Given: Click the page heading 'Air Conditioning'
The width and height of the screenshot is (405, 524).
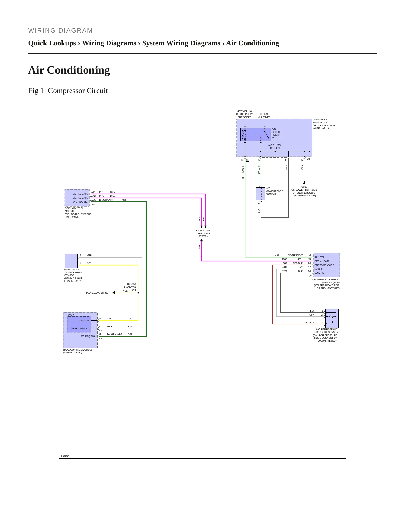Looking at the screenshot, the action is [x=69, y=70].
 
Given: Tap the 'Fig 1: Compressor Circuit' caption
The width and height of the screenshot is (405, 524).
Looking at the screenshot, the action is [x=68, y=91].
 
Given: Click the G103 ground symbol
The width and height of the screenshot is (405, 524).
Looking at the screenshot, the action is [x=304, y=182].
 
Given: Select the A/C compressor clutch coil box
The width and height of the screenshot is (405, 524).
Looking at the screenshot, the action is [x=261, y=194].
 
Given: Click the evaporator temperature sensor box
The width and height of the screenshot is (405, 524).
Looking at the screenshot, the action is [x=71, y=261].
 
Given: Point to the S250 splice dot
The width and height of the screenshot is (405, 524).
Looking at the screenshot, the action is [x=138, y=293].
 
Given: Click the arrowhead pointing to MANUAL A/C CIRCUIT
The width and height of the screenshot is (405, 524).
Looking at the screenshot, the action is [x=114, y=293].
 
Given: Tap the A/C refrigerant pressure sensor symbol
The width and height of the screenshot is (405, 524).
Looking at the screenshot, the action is [x=332, y=318].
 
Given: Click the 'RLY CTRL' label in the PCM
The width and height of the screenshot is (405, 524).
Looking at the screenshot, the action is [x=320, y=257].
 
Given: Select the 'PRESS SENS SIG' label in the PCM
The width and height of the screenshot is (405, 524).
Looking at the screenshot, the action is [x=324, y=265].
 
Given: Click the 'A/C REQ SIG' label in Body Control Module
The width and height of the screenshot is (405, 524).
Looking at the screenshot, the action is [x=80, y=202].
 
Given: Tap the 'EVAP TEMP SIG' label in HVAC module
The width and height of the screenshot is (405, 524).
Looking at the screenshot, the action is [x=80, y=328].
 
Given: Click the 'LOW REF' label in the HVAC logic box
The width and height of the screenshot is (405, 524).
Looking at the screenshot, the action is [x=84, y=321].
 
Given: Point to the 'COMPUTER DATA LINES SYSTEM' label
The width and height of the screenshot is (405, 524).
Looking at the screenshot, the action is [x=203, y=233].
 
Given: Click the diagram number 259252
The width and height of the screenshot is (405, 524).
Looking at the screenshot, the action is [x=65, y=456].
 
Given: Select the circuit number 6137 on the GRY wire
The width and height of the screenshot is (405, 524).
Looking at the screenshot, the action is [x=131, y=326].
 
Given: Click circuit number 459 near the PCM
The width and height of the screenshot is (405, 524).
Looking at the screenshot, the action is [x=277, y=255].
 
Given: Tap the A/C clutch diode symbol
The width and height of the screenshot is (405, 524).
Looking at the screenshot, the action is [x=276, y=152].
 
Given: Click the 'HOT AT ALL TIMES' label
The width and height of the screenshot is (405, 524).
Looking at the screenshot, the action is [x=264, y=116].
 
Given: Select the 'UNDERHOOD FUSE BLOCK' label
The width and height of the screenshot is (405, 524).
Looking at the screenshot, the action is [x=321, y=121].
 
